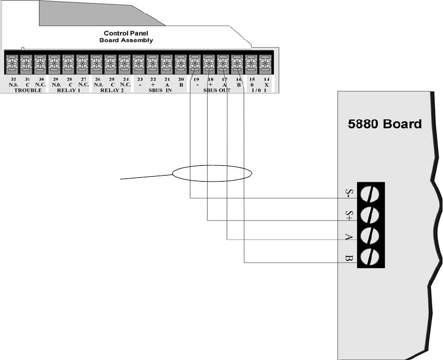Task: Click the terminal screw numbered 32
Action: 11,63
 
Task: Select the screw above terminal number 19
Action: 194,63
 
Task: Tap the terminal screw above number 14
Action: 265,63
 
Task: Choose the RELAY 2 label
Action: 111,90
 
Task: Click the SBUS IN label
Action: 160,90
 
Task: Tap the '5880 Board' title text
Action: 384,124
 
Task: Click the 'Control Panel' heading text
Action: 126,33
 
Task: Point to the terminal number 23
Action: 139,79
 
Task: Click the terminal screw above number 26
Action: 97,63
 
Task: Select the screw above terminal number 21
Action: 167,63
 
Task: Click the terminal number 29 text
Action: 54,79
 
